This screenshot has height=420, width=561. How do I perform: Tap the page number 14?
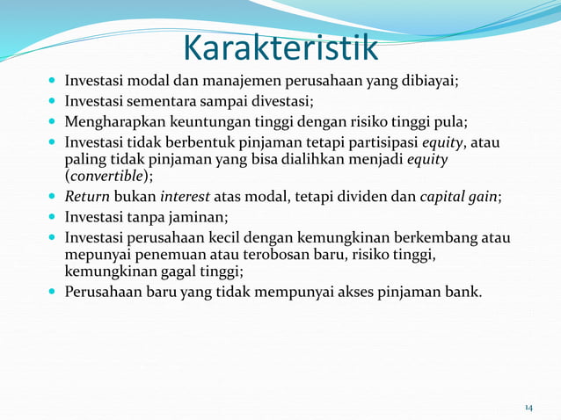tap(528, 408)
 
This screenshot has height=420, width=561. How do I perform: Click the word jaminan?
tap(208, 217)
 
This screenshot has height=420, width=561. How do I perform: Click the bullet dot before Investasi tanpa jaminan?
tap(54, 217)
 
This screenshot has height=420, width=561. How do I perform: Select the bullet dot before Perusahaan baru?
tap(54, 291)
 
